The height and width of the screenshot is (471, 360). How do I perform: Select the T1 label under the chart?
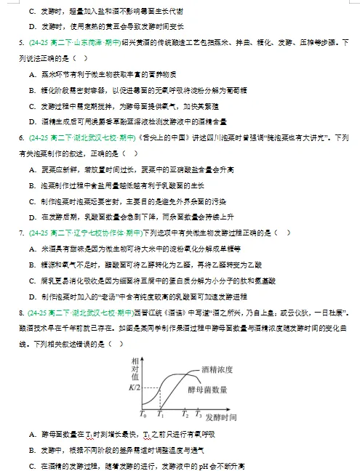click(161, 414)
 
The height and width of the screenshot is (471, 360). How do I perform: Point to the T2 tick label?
click(186, 414)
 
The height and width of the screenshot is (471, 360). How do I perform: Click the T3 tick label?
click(198, 414)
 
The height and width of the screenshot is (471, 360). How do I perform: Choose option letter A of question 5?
click(33, 74)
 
